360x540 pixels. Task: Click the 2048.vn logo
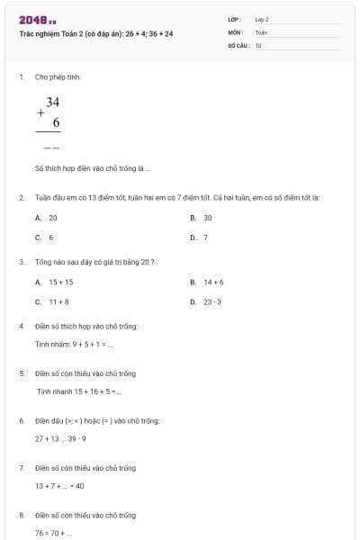[39, 19]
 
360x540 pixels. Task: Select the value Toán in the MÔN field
[262, 31]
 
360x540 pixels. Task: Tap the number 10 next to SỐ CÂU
[258, 44]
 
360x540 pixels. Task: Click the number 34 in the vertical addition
[53, 103]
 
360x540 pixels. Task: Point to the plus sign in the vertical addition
[40, 114]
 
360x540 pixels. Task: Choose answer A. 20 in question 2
[47, 218]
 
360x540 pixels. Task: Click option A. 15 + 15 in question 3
[55, 282]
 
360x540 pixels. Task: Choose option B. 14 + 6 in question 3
[208, 282]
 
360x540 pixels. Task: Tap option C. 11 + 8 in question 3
[53, 301]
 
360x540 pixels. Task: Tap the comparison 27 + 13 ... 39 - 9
[60, 438]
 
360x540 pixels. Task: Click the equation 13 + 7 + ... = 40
[59, 486]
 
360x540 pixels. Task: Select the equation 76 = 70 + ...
[54, 533]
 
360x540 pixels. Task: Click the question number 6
[22, 420]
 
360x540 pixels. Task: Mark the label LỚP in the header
[235, 19]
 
